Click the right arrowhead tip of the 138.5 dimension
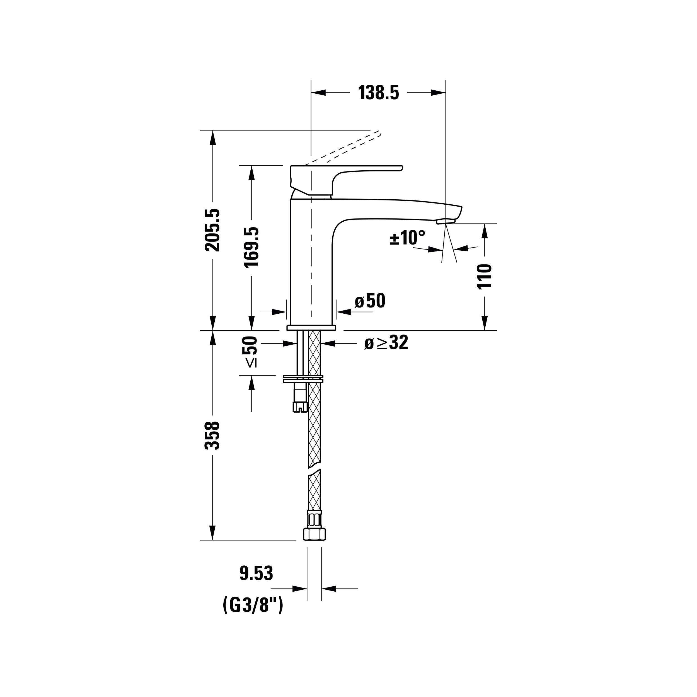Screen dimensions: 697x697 (446, 93)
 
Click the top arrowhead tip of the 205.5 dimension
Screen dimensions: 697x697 (213, 130)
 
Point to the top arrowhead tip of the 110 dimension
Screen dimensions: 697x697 (485, 224)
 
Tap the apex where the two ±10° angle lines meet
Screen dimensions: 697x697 (446, 224)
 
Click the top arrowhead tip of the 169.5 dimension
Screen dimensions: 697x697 (252, 166)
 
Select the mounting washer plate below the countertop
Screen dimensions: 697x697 (303, 379)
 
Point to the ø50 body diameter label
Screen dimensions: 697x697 (370, 301)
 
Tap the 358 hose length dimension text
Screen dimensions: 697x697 (212, 435)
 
